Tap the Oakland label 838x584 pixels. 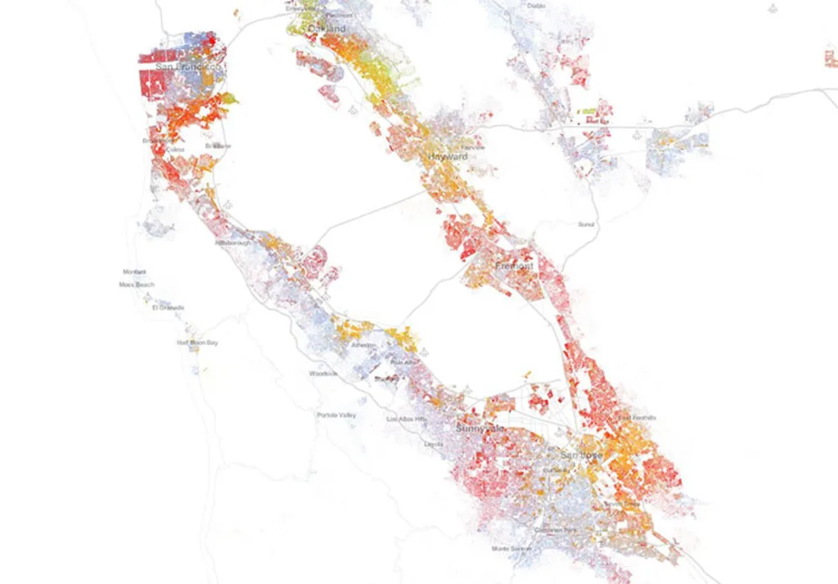(x=327, y=29)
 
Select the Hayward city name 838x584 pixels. (x=448, y=156)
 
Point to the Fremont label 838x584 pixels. (x=514, y=267)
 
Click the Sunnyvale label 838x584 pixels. (x=480, y=429)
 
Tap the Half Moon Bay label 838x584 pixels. (x=198, y=343)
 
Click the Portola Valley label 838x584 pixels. (x=336, y=416)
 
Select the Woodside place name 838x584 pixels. (x=322, y=374)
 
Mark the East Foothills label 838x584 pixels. (x=637, y=418)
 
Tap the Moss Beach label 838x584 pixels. (x=137, y=285)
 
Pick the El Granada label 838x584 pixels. (x=168, y=308)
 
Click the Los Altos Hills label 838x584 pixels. (x=407, y=419)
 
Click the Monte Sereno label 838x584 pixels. (x=511, y=548)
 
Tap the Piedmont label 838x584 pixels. (x=339, y=16)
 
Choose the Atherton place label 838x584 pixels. (x=363, y=345)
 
